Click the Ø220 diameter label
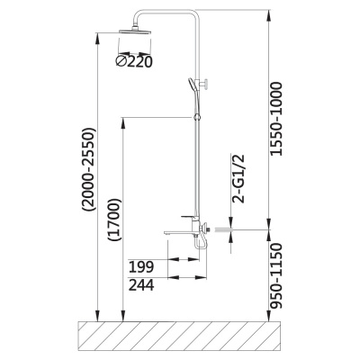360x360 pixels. [134, 61]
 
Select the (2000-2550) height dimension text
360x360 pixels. [90, 170]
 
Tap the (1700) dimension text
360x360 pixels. [115, 220]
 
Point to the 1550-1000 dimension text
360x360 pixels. [276, 119]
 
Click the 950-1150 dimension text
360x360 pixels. [276, 276]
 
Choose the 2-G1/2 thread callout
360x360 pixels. [238, 179]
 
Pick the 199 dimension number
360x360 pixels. [141, 266]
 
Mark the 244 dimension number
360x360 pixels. [141, 284]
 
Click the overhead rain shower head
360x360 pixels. [135, 31]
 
